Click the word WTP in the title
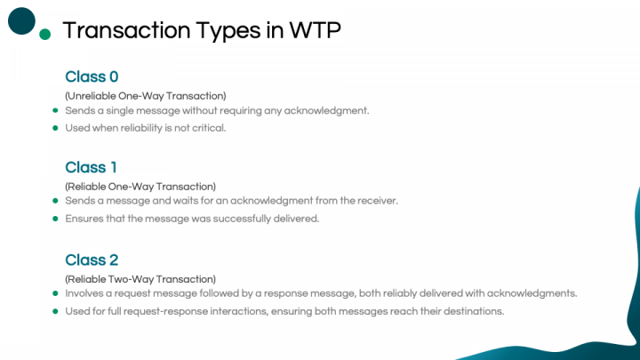(x=315, y=30)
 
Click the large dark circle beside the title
(x=21, y=20)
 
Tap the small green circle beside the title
(x=45, y=35)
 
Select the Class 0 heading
(x=92, y=76)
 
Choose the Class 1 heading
(x=91, y=167)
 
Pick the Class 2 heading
(x=92, y=260)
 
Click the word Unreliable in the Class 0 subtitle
(x=92, y=96)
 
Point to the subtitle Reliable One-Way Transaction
(x=140, y=187)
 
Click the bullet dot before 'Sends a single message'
(x=55, y=110)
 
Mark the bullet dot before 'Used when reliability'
(x=55, y=128)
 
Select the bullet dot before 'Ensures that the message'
(x=55, y=219)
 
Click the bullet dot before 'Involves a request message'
(x=55, y=293)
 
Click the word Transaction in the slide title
(x=126, y=30)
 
